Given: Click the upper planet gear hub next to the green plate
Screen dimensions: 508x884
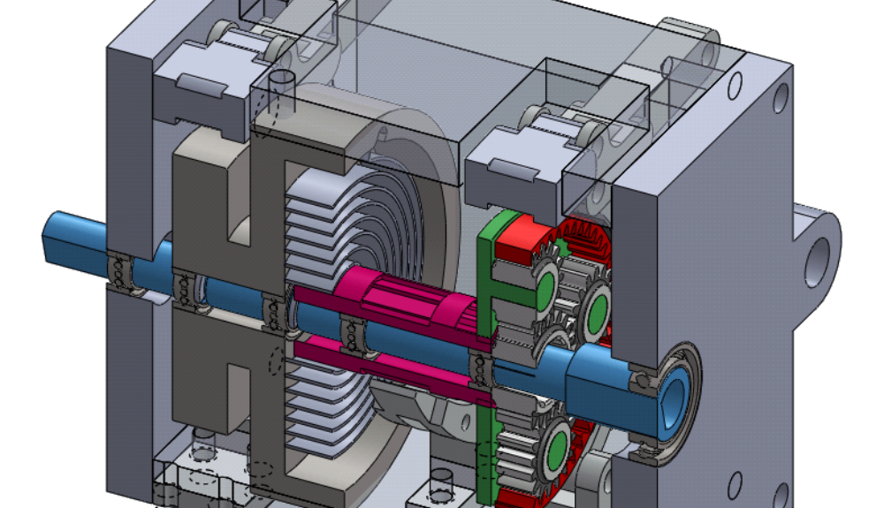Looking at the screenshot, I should tap(544, 286).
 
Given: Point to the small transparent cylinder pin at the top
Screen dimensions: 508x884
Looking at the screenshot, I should tap(283, 88).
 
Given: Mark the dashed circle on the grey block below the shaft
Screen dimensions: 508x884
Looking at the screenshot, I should tap(276, 363).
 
